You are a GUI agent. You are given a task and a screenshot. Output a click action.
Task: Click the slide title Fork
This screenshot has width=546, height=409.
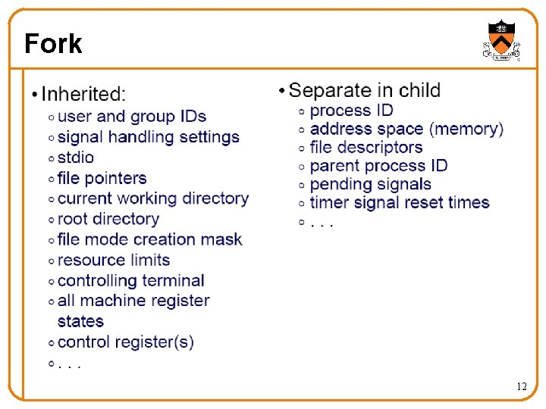pos(52,44)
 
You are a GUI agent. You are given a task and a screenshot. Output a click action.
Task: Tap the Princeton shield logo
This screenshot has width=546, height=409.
pos(501,40)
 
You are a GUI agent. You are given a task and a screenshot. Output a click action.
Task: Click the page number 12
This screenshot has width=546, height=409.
pos(521,386)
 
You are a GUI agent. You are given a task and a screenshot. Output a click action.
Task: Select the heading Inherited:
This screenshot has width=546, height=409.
pos(83,95)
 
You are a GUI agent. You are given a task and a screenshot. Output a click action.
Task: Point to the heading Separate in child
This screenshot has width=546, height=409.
pos(365,91)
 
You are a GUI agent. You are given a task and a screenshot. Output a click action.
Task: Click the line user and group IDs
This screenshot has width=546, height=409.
pos(132,117)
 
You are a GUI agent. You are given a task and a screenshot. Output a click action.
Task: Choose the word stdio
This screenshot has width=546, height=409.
pos(76,158)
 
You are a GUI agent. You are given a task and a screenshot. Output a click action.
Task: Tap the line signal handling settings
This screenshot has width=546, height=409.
pos(148,137)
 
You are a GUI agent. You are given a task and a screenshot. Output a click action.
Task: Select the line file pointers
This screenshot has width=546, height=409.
pos(102,178)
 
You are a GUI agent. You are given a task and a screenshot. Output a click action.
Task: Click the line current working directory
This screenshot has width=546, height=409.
pos(152,198)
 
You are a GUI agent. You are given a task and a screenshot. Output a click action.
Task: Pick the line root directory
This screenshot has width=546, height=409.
pos(108,219)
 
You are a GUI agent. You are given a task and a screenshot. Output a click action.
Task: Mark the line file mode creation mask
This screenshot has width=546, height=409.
pos(149,239)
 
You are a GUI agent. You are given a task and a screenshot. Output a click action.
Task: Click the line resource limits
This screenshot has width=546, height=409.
pos(114,260)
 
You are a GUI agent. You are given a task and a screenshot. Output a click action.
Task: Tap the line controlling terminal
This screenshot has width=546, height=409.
pos(130,280)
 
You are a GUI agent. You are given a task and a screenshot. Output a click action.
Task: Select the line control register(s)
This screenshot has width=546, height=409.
pos(125,342)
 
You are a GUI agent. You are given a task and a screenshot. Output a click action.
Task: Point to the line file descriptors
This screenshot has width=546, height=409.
pos(366,148)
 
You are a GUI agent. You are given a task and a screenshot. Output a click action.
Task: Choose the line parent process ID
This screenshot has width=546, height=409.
pos(378,166)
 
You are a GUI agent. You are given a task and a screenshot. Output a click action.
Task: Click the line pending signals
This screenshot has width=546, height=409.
pos(371,184)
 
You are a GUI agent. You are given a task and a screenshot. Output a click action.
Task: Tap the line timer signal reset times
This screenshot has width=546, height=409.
pos(400,202)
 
